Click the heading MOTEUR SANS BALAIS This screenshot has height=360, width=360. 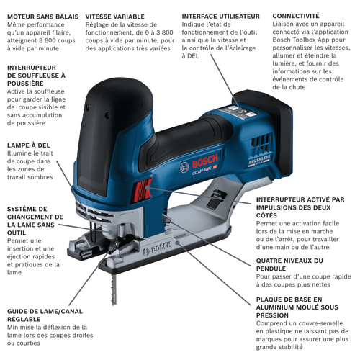(x=42, y=17)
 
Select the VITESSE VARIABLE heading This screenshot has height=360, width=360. (x=115, y=17)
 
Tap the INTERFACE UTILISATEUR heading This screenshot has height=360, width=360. (x=220, y=17)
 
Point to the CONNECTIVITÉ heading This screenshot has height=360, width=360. (x=296, y=16)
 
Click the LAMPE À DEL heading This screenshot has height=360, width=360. (x=29, y=145)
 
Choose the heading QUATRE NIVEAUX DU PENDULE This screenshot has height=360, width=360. (x=289, y=264)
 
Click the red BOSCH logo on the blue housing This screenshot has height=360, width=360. (x=205, y=161)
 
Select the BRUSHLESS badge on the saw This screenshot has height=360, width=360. (x=259, y=160)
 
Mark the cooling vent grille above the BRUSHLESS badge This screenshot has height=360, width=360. (x=261, y=144)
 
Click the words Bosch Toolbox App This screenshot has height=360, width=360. (x=301, y=40)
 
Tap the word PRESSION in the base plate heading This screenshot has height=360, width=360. (x=272, y=315)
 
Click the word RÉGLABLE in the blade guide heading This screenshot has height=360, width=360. (x=24, y=319)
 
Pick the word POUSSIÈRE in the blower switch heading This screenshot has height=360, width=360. (x=25, y=84)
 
